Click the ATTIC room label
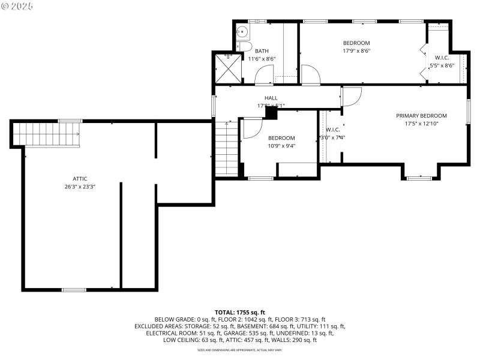pyautogui.click(x=80, y=178)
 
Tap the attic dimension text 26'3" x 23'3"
pyautogui.click(x=80, y=187)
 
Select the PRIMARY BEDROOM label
pyautogui.click(x=421, y=116)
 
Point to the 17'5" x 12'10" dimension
pyautogui.click(x=421, y=124)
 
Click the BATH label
pyautogui.click(x=262, y=51)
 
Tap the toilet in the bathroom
pyautogui.click(x=243, y=47)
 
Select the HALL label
pyautogui.click(x=271, y=98)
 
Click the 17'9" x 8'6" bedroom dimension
pyautogui.click(x=356, y=51)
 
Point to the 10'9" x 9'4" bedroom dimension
pyautogui.click(x=281, y=145)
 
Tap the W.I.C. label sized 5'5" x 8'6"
pyautogui.click(x=442, y=58)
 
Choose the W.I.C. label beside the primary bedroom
pyautogui.click(x=333, y=130)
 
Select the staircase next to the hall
pyautogui.click(x=227, y=148)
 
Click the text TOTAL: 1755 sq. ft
pyautogui.click(x=240, y=313)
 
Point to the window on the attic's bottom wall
pyautogui.click(x=74, y=290)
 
